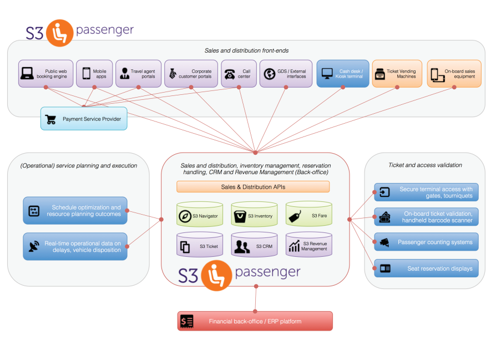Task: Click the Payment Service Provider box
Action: [x=84, y=119]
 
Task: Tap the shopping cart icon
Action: [x=51, y=119]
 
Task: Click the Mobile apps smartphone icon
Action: [x=87, y=74]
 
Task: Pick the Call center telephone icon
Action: [x=229, y=74]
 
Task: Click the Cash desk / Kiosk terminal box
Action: [x=342, y=74]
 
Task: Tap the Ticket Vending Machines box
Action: [x=397, y=74]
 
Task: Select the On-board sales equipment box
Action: [x=453, y=74]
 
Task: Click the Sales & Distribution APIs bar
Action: [x=253, y=187]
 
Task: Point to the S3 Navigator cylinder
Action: [x=200, y=214]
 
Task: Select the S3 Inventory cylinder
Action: [x=254, y=214]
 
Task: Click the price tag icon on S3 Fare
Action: [x=295, y=215]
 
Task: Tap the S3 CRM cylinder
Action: [x=254, y=245]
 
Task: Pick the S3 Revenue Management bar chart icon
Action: [x=295, y=246]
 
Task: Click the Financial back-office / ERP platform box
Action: [x=255, y=321]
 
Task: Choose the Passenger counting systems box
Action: [x=426, y=242]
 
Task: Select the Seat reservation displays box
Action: [x=426, y=268]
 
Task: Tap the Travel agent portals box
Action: [x=138, y=74]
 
